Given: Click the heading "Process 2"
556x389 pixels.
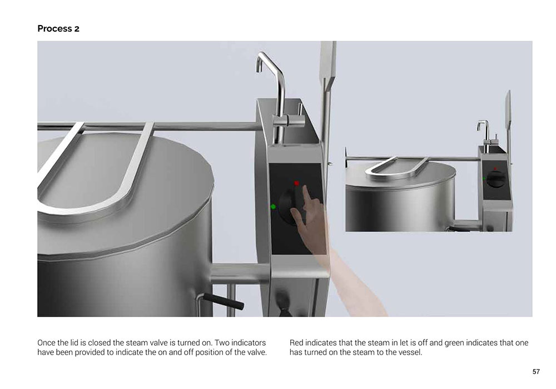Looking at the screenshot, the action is pyautogui.click(x=58, y=29).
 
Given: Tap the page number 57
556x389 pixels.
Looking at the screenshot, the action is pyautogui.click(x=536, y=372).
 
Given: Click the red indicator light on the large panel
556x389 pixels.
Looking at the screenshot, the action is pyautogui.click(x=296, y=183).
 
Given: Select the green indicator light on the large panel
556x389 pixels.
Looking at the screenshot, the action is pyautogui.click(x=273, y=207).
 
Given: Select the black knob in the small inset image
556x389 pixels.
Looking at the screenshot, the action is pyautogui.click(x=496, y=179).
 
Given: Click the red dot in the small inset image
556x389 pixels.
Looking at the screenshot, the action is pyautogui.click(x=495, y=168).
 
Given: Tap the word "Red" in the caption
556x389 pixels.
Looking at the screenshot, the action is pyautogui.click(x=296, y=343).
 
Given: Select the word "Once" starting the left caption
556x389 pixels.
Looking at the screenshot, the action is pyautogui.click(x=46, y=343).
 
